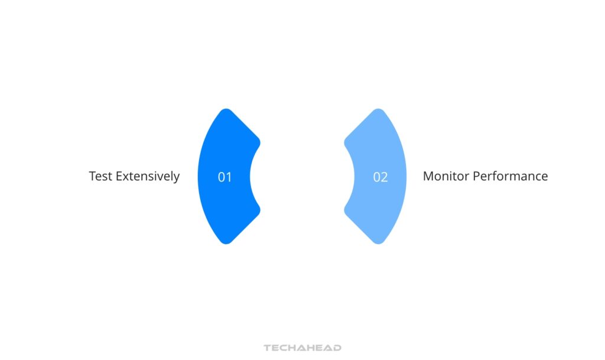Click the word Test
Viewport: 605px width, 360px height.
coord(100,176)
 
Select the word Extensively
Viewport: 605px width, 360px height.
coord(148,176)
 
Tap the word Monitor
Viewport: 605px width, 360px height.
coord(445,176)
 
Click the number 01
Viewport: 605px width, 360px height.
coord(225,177)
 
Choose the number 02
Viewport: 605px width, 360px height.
coord(380,177)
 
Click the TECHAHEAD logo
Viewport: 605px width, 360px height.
coord(302,348)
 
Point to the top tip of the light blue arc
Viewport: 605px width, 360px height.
coord(379,111)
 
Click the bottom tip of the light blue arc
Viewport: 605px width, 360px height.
coord(379,242)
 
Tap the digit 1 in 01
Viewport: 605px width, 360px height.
coord(229,177)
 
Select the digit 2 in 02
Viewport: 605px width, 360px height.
coord(385,177)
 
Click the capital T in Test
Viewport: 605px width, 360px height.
coord(93,176)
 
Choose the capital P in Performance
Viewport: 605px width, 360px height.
coord(476,176)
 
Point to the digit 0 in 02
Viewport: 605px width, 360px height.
coord(376,177)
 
